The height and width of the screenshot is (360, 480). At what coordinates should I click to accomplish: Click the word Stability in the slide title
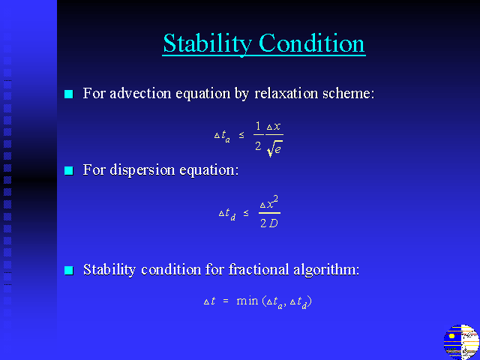(207, 43)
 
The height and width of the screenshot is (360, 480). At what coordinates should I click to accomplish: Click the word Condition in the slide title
(312, 43)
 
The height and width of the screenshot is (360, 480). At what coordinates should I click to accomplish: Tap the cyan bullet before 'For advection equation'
(69, 94)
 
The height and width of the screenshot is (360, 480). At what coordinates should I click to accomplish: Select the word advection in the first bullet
(140, 93)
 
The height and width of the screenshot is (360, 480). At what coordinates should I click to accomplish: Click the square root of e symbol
(274, 149)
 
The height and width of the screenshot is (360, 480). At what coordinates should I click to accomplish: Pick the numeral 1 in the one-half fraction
(258, 126)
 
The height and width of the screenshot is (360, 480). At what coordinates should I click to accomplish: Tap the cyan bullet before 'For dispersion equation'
(69, 170)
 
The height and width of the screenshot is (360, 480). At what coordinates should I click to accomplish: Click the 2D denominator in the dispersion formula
(269, 223)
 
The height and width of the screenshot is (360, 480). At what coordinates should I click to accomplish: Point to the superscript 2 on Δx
(275, 199)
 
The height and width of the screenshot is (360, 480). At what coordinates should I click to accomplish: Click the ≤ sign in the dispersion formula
(246, 213)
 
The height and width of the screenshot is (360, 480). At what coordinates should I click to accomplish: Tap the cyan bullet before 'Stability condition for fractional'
(69, 270)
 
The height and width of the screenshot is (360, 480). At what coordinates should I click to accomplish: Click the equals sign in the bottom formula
(226, 301)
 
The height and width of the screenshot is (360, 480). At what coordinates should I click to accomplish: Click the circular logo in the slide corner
(461, 342)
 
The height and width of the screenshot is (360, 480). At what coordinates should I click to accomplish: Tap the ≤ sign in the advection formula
(241, 135)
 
